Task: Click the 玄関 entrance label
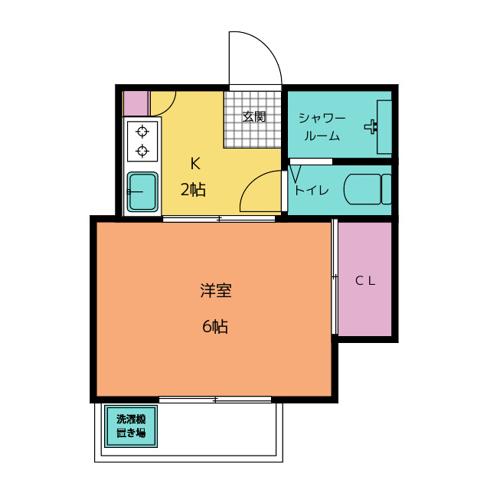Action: [x=254, y=117]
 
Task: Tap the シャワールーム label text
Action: [x=322, y=127]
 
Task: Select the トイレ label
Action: [x=312, y=191]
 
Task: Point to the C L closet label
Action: [x=365, y=280]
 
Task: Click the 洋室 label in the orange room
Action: [x=216, y=291]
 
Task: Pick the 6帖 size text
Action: [x=215, y=327]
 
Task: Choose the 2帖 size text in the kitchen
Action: [x=193, y=190]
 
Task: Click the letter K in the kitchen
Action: [x=195, y=162]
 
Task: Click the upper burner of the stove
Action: [x=142, y=131]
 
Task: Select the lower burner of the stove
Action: [x=142, y=150]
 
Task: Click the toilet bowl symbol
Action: [x=364, y=189]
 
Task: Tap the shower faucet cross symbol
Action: [x=371, y=126]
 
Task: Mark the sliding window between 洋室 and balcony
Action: [x=216, y=400]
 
